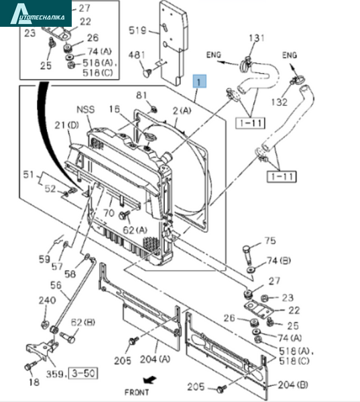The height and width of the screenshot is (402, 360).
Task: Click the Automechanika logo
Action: [x=36, y=13]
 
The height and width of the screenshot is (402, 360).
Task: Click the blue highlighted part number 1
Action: [x=200, y=82]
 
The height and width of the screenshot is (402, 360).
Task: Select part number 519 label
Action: [x=137, y=31]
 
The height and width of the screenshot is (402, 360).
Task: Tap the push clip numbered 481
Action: [x=147, y=73]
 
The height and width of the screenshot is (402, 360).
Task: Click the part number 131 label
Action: [x=256, y=38]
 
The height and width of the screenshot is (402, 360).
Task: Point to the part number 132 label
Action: [x=279, y=102]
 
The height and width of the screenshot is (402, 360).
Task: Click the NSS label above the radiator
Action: [x=86, y=109]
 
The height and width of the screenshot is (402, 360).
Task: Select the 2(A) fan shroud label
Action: [x=182, y=111]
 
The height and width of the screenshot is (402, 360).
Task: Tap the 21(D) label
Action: [x=67, y=125]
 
